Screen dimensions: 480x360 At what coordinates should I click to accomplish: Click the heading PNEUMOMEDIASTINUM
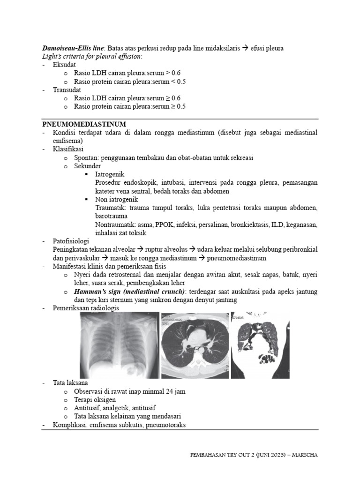point(84,124)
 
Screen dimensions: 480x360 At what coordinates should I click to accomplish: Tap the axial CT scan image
point(195,346)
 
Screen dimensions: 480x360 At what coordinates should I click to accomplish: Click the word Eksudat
point(65,65)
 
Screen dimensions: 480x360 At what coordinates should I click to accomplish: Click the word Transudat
point(67,90)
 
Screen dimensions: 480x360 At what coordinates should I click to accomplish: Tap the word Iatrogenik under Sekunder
point(109,174)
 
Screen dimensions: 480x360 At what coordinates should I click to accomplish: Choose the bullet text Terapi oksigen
point(95,399)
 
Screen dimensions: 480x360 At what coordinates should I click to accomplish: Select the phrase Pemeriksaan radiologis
point(86,308)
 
